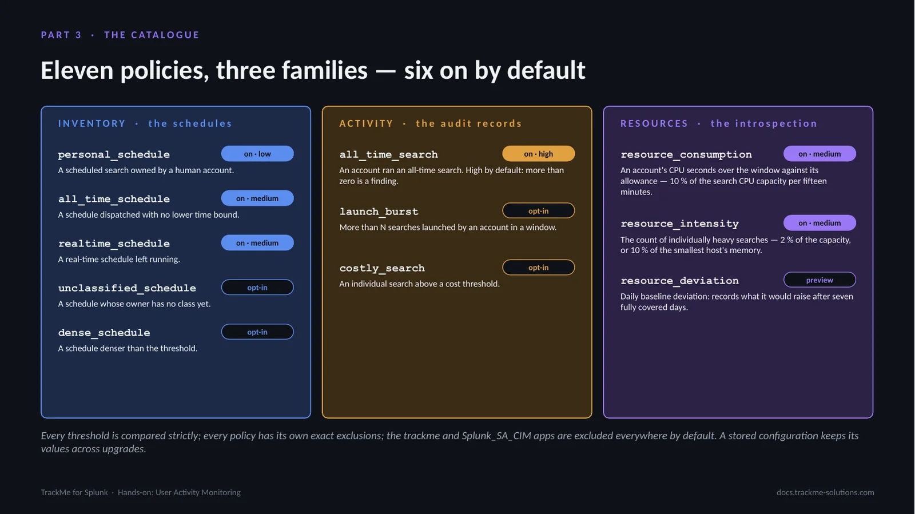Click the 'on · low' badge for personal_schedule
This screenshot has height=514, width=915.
(257, 154)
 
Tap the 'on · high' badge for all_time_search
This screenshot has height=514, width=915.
(538, 154)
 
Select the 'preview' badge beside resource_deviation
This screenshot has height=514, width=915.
(819, 280)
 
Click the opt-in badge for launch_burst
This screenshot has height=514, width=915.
(538, 211)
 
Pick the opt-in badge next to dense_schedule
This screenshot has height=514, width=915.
(257, 332)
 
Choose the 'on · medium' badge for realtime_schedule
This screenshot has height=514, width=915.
(257, 243)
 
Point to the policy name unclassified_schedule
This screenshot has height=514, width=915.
(127, 288)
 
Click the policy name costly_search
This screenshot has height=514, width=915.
(382, 268)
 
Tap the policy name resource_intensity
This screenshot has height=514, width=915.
(680, 224)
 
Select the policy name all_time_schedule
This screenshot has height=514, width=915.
(114, 199)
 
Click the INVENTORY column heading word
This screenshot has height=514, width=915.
(92, 123)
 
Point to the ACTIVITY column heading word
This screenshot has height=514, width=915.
(367, 123)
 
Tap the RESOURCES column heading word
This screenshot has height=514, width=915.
(654, 123)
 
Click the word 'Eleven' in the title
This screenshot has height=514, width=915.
(77, 70)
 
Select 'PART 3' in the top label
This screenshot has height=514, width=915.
(61, 35)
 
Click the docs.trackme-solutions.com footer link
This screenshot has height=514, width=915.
(825, 492)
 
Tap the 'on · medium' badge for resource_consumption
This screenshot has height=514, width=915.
(819, 154)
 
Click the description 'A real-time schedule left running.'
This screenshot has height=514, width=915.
(119, 259)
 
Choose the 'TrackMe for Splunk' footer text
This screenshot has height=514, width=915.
(74, 492)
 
